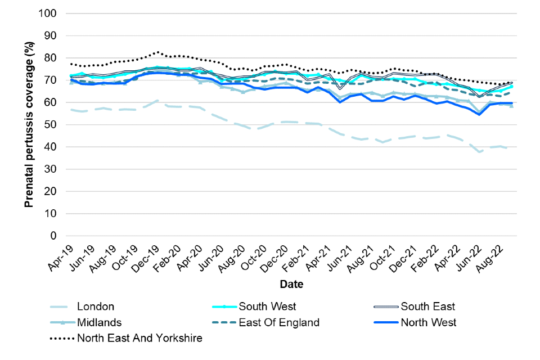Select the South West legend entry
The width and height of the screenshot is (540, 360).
(267, 307)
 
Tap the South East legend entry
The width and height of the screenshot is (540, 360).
(427, 307)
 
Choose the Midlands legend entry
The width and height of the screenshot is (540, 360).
(98, 322)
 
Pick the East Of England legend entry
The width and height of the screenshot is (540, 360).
(279, 322)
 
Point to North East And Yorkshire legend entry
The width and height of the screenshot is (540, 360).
(139, 338)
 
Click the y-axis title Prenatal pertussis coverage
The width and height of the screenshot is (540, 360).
(29, 124)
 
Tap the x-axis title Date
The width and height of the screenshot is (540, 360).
(292, 285)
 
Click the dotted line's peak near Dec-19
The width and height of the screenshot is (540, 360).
(158, 52)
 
